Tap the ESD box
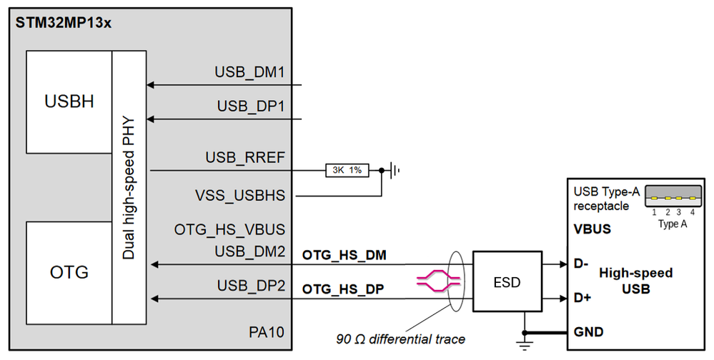click(507, 282)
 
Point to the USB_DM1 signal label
click(250, 73)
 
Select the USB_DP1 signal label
click(251, 106)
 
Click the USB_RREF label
click(245, 157)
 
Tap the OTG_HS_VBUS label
click(230, 230)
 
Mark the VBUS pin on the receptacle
click(592, 231)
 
